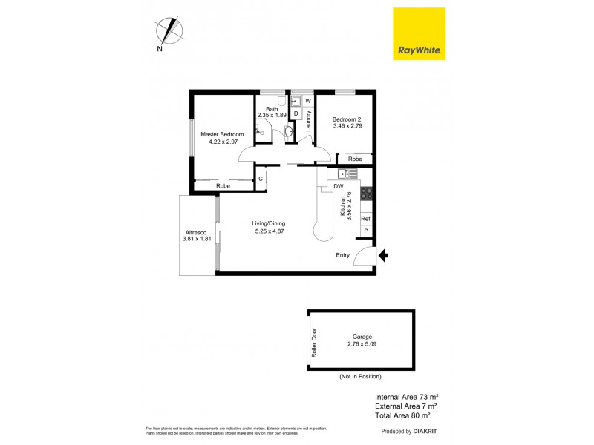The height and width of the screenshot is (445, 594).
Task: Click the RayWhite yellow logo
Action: tap(418, 34)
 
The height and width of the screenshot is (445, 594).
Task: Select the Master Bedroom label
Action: tap(222, 134)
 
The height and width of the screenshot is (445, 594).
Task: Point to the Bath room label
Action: tap(271, 109)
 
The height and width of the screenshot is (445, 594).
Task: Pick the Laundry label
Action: tap(298, 122)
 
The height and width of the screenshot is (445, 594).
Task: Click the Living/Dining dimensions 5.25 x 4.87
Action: tap(268, 231)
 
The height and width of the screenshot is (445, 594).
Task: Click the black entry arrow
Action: tap(383, 256)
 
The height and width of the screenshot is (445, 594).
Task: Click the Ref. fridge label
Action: tap(365, 219)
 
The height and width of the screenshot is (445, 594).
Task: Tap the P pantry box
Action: tap(365, 232)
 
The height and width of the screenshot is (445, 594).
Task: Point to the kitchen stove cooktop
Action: tap(366, 194)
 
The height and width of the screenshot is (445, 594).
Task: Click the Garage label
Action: tap(363, 337)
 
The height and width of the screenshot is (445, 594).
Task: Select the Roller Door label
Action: tap(313, 342)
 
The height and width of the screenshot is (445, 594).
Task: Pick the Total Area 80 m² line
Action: tap(405, 415)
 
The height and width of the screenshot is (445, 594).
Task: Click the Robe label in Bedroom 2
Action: tap(355, 159)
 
